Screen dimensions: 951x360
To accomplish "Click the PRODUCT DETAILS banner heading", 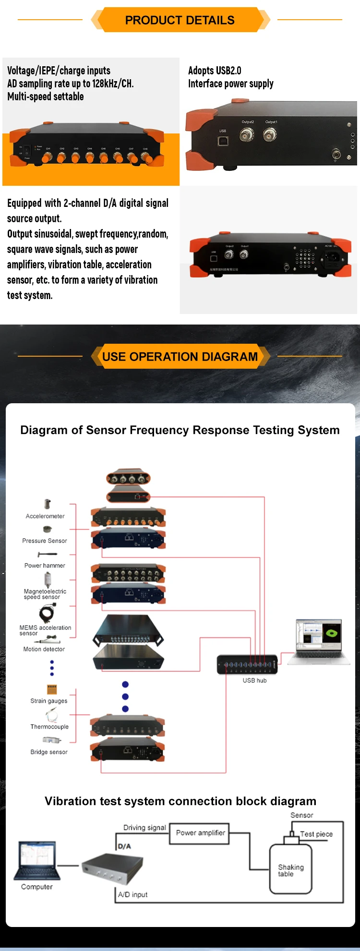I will [180, 20].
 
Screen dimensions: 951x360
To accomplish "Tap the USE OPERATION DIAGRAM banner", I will [180, 357].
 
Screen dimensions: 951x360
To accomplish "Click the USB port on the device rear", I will [223, 141].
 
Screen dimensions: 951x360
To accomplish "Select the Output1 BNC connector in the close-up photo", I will [270, 135].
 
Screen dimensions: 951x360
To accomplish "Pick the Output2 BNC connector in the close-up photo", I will [247, 135].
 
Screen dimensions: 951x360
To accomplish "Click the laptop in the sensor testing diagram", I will [319, 641].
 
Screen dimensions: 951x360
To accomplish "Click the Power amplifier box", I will [200, 833].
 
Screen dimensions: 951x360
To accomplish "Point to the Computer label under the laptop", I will [37, 887].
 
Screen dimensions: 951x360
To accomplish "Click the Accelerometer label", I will [45, 516].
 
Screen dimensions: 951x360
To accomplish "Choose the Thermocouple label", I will [49, 727].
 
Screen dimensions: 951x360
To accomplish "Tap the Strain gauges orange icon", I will [52, 689].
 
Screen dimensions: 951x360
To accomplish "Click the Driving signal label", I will [144, 828].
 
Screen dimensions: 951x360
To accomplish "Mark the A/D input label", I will [133, 895].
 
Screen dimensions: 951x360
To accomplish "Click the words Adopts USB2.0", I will [215, 71].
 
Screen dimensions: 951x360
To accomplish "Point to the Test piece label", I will [316, 834].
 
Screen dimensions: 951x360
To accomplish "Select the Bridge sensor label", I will [49, 752].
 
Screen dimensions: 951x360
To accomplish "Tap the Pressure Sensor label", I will [45, 541].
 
